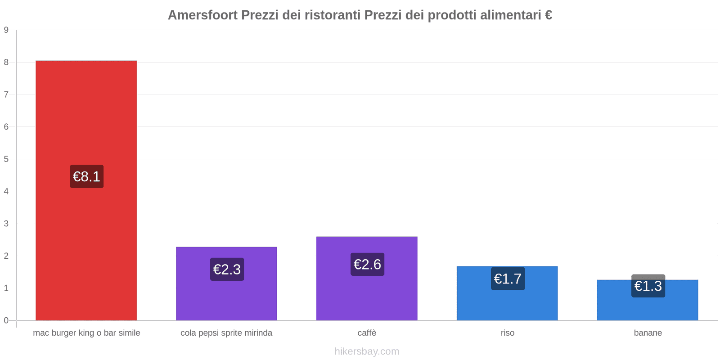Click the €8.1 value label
[x=86, y=176]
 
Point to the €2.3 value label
[x=227, y=269]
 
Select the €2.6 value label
[x=367, y=264]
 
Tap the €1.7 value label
[x=508, y=279]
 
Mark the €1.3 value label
[x=648, y=286]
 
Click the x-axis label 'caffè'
[x=367, y=333]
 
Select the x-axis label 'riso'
[x=507, y=333]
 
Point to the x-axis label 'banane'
[x=648, y=333]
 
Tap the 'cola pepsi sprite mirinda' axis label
[x=226, y=333]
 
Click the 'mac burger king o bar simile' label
[x=86, y=333]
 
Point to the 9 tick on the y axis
[x=6, y=30]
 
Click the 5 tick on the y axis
[x=6, y=159]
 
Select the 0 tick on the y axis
[x=6, y=320]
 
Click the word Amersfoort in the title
[x=202, y=15]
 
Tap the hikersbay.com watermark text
[x=367, y=351]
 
